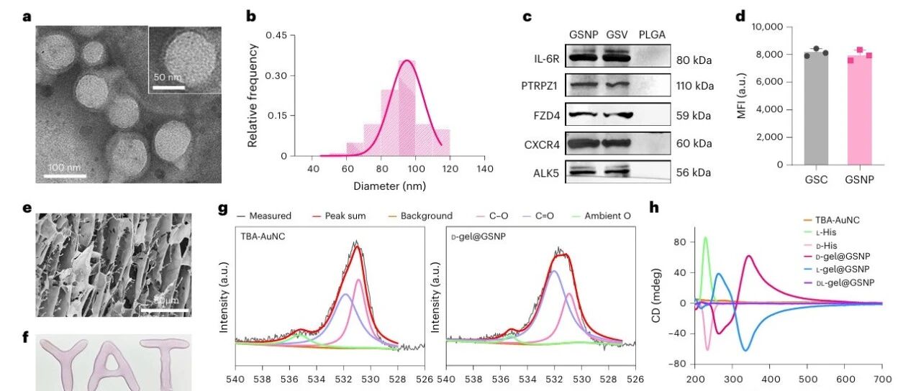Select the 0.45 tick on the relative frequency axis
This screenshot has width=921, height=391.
tap(277, 35)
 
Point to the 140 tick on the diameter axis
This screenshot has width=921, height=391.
tap(485, 169)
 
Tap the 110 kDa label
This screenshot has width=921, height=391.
tap(695, 86)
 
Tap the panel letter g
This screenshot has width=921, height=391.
tap(223, 210)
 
